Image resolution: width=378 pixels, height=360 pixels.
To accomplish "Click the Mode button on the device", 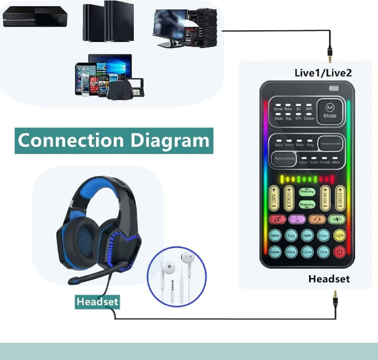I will (x=330, y=110).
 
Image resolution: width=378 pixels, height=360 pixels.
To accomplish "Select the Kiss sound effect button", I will (x=291, y=236).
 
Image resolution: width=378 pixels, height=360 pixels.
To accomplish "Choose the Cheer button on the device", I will (x=323, y=236).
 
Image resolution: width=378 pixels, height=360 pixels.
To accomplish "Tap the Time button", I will (x=323, y=251).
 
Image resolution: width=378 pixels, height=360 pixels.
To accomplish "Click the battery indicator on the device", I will (x=334, y=89).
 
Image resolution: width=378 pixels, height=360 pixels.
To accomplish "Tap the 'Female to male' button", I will (x=331, y=143).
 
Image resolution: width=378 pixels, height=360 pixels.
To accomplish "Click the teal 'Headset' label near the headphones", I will (x=97, y=302).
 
